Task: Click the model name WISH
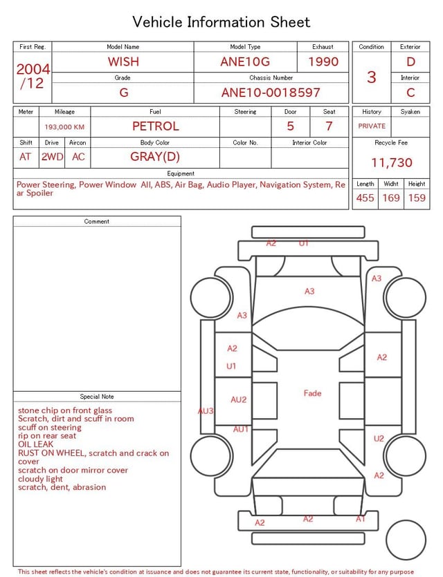point(123,62)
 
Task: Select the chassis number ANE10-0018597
point(271,93)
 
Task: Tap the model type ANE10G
point(245,62)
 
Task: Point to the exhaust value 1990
point(323,62)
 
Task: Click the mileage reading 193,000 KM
point(64,127)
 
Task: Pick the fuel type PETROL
point(156,126)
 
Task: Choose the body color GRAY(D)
point(155,157)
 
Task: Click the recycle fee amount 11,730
point(391,162)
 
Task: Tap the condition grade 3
point(372,77)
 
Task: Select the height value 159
point(417,198)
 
